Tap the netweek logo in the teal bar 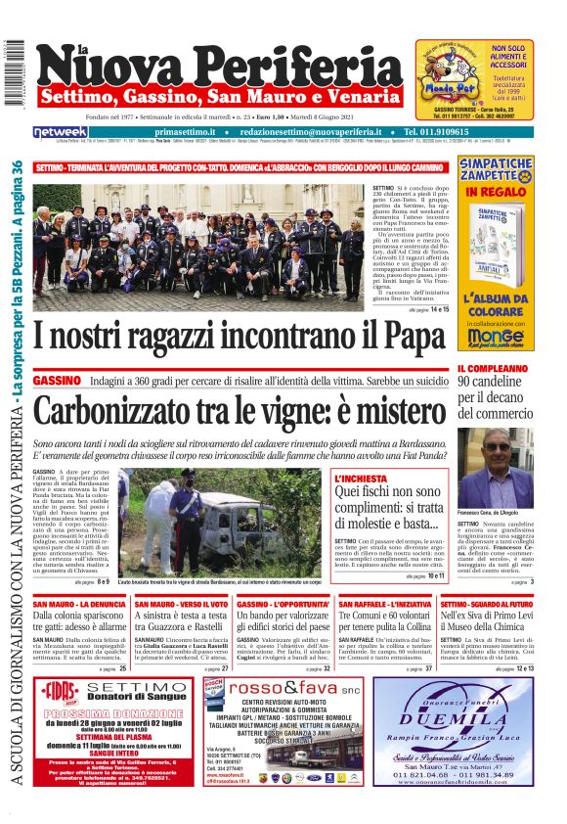(x=62, y=131)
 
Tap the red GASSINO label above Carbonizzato (x=55, y=379)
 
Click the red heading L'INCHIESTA (x=361, y=480)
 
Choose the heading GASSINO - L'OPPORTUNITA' (x=283, y=605)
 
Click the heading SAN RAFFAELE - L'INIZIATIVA (x=387, y=605)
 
